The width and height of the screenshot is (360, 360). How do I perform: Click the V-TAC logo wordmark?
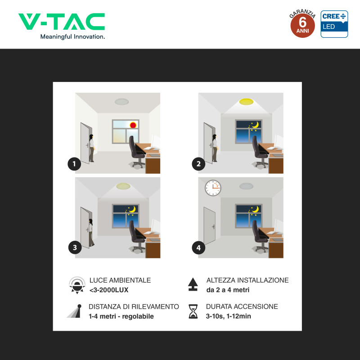[x=62, y=21]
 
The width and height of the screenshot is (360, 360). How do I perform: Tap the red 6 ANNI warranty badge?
[x=302, y=25]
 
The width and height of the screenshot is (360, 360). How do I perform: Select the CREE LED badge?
[x=334, y=24]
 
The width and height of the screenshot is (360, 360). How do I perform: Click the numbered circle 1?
[x=74, y=164]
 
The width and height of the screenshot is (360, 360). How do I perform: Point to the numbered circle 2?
[x=198, y=164]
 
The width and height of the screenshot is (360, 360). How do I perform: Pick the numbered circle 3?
[x=75, y=247]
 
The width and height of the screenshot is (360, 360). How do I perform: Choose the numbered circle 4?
[x=198, y=247]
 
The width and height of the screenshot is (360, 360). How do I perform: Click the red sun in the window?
[x=133, y=125]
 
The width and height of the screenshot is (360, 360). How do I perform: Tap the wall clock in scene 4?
[x=213, y=188]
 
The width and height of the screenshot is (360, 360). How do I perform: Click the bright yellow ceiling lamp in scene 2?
[x=246, y=102]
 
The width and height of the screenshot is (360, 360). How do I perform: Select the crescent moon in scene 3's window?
[x=132, y=209]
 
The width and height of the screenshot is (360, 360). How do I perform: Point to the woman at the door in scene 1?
[x=92, y=148]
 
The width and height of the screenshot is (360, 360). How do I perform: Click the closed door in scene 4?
[x=209, y=226]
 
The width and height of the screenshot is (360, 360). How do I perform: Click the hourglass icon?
[x=193, y=311]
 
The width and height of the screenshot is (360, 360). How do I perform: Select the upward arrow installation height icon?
[x=193, y=284]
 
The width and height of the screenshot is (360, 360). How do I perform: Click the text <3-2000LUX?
[x=109, y=290]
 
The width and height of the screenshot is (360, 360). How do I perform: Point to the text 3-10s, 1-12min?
[x=228, y=316]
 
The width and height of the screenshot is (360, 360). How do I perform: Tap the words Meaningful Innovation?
[x=72, y=37]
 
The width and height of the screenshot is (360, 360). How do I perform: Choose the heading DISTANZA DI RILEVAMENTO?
[x=134, y=306]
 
